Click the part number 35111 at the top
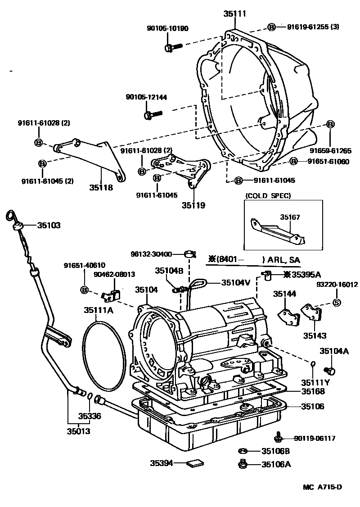coord(234,13)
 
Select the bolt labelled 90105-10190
coord(174,47)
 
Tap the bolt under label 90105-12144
coord(152,114)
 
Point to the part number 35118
coord(101,187)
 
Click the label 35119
coord(193,205)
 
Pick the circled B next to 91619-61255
coord(271,27)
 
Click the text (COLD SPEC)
coord(268,195)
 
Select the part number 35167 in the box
coord(290,217)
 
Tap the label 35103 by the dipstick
coord(49,226)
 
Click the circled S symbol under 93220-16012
coord(337,303)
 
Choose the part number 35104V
coord(236,283)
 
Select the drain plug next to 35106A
coord(242,464)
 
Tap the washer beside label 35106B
coord(243,450)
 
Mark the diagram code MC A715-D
coord(322,487)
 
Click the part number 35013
coord(79,431)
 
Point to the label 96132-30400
coord(151,254)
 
